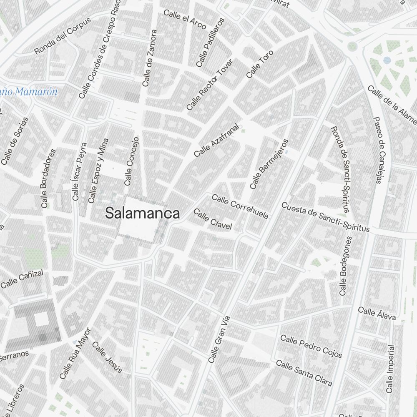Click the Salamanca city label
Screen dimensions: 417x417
(x=143, y=213)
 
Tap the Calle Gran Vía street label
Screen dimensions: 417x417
(x=219, y=339)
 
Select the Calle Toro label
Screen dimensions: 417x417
(x=259, y=64)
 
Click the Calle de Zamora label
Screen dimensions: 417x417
(x=149, y=58)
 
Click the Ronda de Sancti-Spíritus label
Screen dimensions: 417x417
(x=340, y=168)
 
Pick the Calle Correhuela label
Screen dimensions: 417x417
(x=240, y=206)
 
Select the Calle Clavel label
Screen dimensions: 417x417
(x=213, y=220)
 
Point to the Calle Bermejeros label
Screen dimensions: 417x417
(x=269, y=164)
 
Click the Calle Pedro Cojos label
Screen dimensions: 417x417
(x=311, y=346)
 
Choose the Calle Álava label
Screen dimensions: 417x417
(x=377, y=314)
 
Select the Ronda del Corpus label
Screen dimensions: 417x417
(x=63, y=36)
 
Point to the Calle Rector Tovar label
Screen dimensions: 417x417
(x=210, y=85)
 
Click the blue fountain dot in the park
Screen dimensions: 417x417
(x=387, y=60)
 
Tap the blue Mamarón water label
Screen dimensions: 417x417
(x=29, y=92)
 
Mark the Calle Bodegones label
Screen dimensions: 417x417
(x=346, y=266)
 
